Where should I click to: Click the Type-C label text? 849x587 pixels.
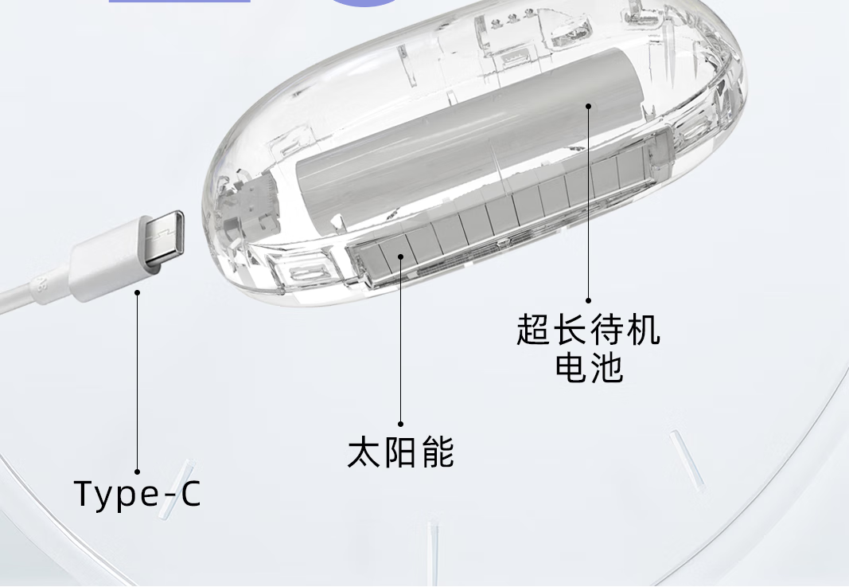point(138,494)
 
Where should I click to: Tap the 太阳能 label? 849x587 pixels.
point(401,452)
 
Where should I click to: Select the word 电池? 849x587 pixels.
point(589,367)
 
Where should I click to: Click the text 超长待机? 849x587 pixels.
point(589,330)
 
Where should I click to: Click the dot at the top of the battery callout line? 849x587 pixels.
point(589,104)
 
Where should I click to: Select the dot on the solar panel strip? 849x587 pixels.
point(401,257)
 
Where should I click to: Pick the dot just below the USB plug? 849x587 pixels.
point(137,293)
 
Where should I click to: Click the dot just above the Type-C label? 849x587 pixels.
point(137,472)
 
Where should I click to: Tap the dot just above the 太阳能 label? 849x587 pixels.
point(401,424)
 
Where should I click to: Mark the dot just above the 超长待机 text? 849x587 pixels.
point(589,301)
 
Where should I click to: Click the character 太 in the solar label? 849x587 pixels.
point(364,452)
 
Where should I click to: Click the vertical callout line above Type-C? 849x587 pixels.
point(137,382)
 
